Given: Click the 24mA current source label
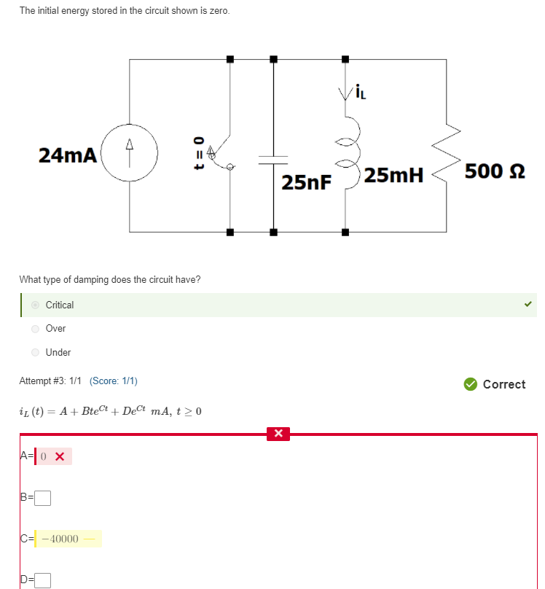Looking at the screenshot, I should (x=67, y=155).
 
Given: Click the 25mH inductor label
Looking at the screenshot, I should (x=393, y=176).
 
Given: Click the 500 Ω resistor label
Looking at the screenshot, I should (x=495, y=171).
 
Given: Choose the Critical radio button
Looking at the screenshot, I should (x=34, y=305).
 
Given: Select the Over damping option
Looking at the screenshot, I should (x=34, y=329).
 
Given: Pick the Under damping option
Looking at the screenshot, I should (x=34, y=353).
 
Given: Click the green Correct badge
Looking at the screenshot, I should (x=495, y=384).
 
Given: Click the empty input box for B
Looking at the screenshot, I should (x=43, y=499).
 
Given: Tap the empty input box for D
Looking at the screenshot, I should (x=43, y=580).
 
